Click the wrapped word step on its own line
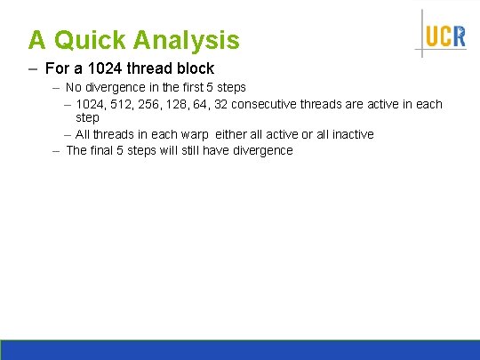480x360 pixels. pos(87,117)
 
